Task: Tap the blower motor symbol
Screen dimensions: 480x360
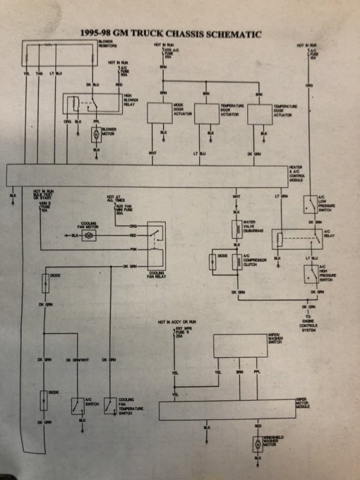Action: tap(95, 134)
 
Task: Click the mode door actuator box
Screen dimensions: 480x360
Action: tap(161, 113)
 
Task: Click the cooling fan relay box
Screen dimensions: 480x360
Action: tap(157, 245)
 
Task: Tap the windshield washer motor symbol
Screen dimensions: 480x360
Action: tap(258, 445)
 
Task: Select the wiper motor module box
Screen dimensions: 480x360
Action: tap(227, 411)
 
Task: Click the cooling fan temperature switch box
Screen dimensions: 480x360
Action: tap(110, 406)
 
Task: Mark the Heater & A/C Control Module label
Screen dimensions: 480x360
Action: tap(299, 174)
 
